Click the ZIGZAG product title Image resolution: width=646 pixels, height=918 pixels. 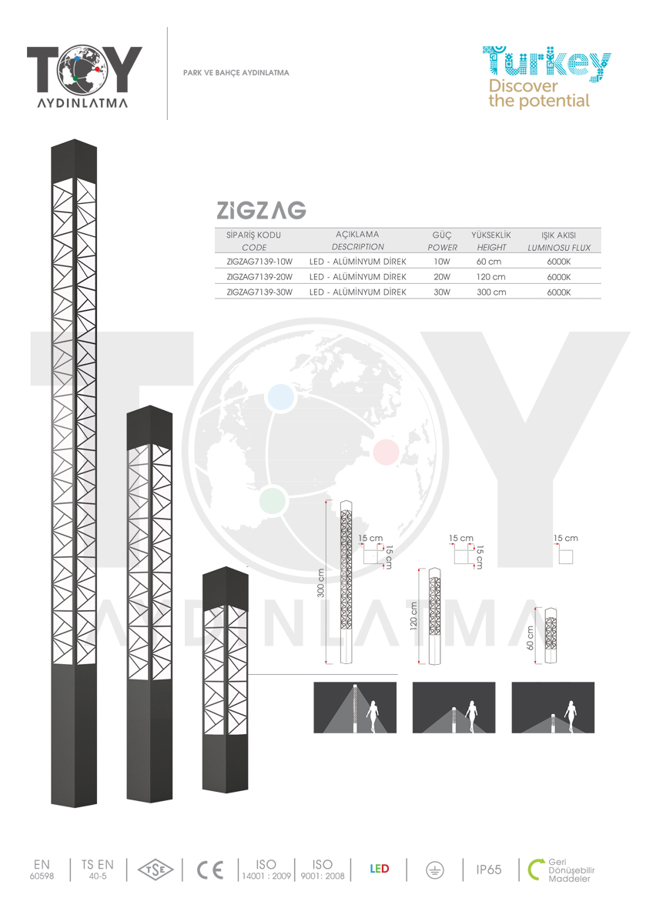[261, 210]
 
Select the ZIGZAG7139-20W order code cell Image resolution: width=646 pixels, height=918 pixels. [259, 277]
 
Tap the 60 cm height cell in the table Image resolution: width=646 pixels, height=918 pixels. [488, 262]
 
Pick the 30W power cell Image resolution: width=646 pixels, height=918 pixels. [442, 292]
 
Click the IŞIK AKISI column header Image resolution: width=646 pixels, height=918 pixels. [558, 235]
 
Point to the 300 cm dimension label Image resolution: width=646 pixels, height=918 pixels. [320, 583]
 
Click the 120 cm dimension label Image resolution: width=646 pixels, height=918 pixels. [413, 616]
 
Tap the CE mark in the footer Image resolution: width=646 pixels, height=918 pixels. [210, 870]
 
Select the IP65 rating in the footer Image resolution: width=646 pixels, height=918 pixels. [488, 870]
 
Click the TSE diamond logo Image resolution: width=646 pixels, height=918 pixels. [156, 870]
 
